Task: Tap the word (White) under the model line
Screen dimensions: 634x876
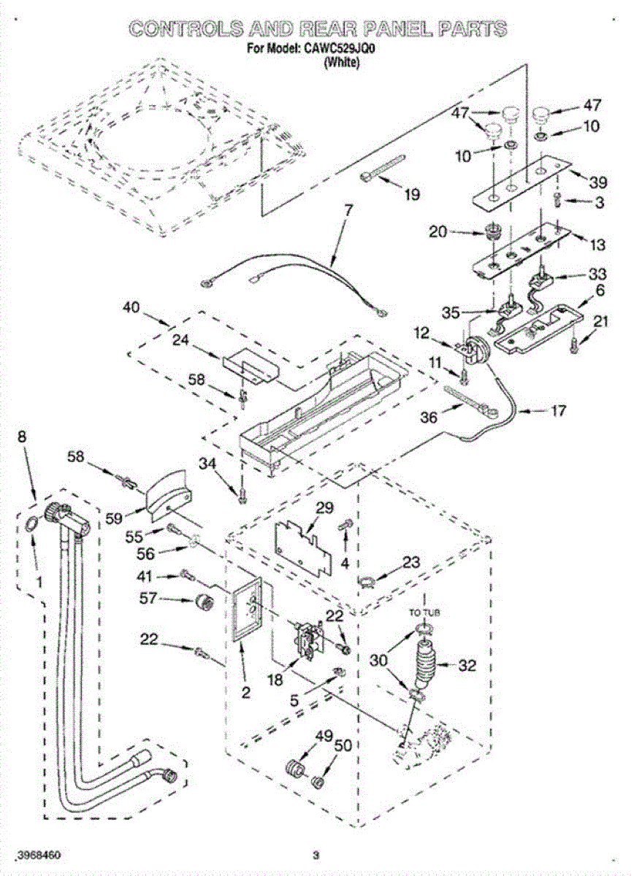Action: coord(342,62)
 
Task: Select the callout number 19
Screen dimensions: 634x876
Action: coord(412,193)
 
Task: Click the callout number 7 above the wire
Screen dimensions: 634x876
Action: coord(348,212)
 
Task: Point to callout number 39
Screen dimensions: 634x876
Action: coord(597,182)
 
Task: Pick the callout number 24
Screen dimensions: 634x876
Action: coord(181,340)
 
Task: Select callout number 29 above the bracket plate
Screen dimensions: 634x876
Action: coord(324,507)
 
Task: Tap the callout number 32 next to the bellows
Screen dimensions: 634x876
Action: coord(466,665)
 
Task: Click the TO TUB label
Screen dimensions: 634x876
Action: coord(424,612)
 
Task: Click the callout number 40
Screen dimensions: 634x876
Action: coord(131,307)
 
